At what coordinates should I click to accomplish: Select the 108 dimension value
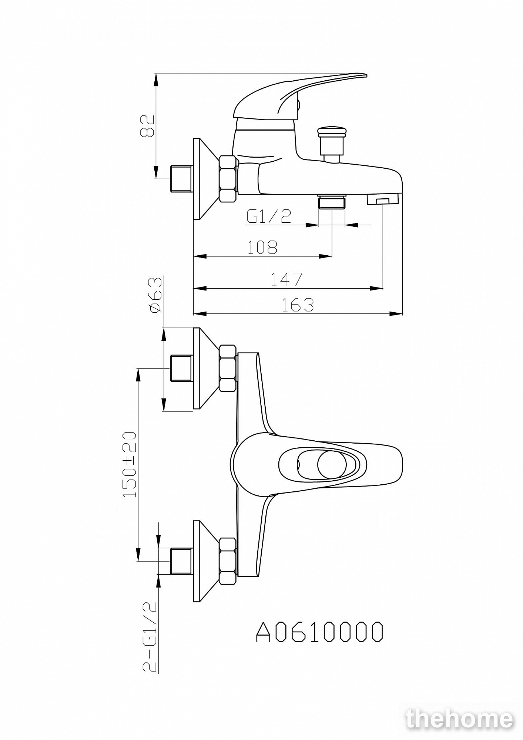tap(262, 248)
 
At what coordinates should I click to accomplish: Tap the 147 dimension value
tap(286, 279)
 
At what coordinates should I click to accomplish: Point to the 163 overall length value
tap(298, 305)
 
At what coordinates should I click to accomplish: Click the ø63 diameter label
tap(156, 295)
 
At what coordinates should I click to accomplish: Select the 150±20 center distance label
tap(130, 464)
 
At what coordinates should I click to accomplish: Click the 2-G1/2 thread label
tap(150, 636)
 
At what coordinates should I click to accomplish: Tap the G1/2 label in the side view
tap(269, 217)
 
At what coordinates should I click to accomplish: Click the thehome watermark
tap(460, 719)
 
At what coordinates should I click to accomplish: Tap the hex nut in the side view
tap(228, 179)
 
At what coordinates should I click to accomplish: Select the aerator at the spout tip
tap(382, 199)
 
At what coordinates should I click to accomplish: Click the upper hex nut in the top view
tap(228, 368)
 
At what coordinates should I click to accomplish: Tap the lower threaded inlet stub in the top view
tap(181, 561)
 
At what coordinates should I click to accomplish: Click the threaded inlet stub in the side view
tap(181, 179)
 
